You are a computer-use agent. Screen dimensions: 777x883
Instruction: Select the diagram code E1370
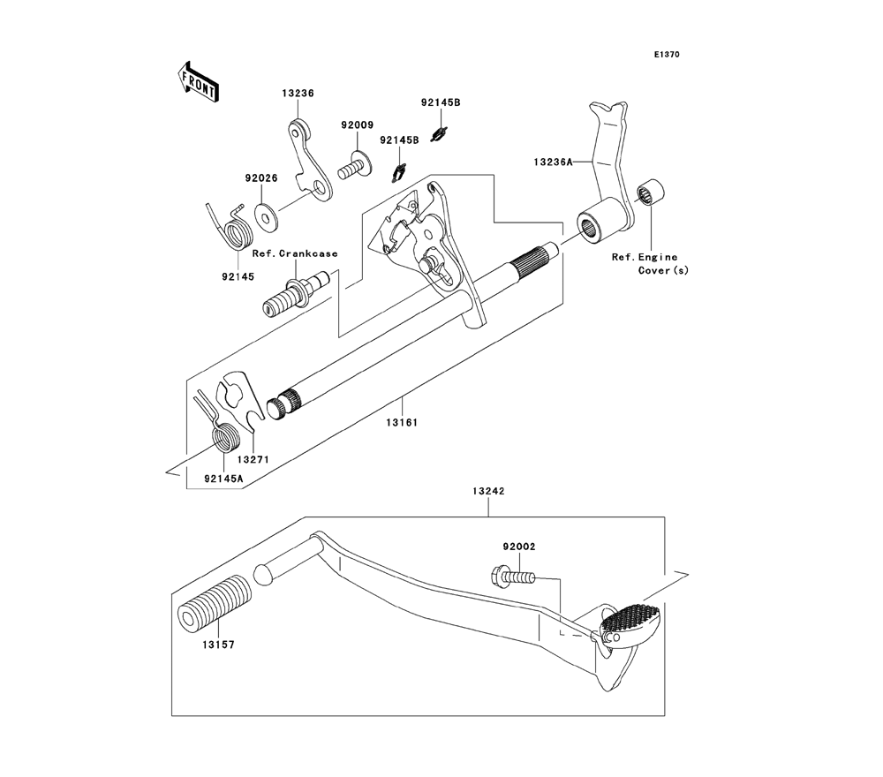click(x=667, y=55)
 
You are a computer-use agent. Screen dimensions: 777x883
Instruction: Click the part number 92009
click(x=358, y=124)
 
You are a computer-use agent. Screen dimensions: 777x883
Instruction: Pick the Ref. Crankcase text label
click(x=295, y=253)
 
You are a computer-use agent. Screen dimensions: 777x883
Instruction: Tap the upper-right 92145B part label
click(x=441, y=102)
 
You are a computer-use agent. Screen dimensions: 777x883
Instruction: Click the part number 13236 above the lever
click(x=298, y=93)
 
